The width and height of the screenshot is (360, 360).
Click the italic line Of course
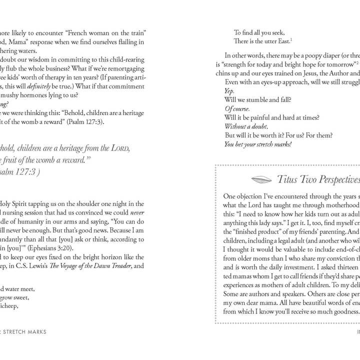pos(237,108)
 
